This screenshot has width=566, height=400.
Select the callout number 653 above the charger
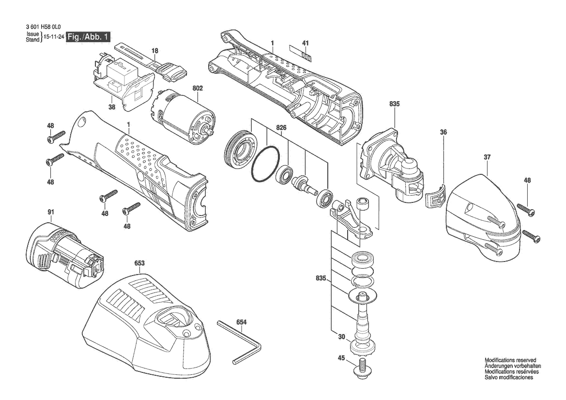click(x=139, y=263)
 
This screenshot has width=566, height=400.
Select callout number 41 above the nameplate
click(x=306, y=43)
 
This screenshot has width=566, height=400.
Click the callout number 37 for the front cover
click(x=487, y=157)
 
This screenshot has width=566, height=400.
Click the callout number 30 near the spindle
click(x=341, y=337)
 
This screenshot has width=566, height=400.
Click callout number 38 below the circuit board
click(x=112, y=107)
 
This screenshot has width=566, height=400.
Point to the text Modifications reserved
click(x=510, y=360)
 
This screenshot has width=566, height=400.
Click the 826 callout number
click(x=281, y=128)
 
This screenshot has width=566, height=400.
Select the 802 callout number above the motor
click(x=198, y=88)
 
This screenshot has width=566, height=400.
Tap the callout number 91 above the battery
click(x=50, y=212)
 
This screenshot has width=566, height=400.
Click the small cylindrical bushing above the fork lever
click(x=362, y=203)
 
